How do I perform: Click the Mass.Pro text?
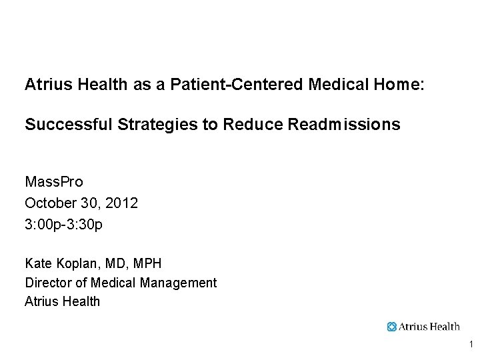pos(54,182)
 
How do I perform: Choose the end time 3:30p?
pos(85,225)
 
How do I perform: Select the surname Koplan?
pos(80,264)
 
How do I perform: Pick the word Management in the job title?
pos(179,283)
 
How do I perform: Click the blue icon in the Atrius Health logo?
pos(392,327)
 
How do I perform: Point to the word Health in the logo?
pos(444,327)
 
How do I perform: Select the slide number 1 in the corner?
pos(471,345)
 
